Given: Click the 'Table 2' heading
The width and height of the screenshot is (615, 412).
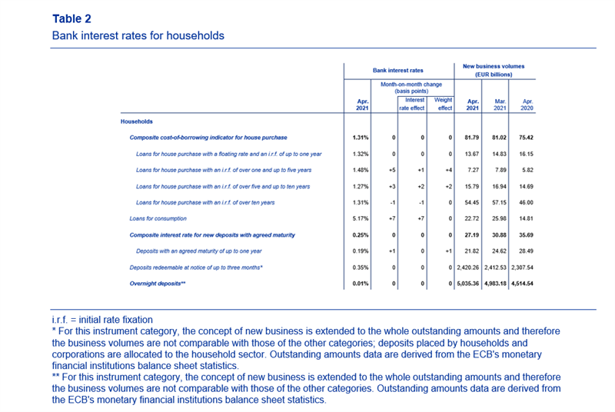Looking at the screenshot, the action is pos(71,18).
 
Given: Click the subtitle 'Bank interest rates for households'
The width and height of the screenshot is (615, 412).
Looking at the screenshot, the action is pos(138,35).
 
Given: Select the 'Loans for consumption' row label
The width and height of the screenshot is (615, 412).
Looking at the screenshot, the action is pos(158,218).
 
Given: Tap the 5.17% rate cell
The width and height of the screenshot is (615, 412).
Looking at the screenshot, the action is pos(361,218).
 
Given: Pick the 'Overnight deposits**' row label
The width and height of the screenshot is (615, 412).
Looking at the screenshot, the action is pos(158,284).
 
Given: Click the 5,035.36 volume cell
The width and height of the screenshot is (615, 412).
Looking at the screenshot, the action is pos(468,284).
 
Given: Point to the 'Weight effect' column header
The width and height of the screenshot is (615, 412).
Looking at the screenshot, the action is pos(444,104).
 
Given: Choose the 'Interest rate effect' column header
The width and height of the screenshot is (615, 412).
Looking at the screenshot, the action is pos(412,104).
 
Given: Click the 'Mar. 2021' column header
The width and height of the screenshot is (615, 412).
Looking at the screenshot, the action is pos(500,105).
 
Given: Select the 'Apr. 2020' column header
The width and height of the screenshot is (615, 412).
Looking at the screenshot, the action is pos(527,105).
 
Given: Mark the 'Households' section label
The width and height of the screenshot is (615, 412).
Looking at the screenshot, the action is pos(137,121).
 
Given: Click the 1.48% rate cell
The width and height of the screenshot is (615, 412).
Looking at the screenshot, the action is pos(361,170).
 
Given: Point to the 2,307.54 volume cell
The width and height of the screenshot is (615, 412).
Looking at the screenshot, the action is pos(522,267).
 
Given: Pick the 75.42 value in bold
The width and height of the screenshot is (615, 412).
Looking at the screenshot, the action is pos(526,138).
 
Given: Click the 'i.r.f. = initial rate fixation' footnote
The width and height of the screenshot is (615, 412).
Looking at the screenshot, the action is pos(102,320).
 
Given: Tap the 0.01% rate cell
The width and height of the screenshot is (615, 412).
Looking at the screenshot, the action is pos(361,284).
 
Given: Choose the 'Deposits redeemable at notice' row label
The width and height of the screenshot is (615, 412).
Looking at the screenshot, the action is pos(196,267).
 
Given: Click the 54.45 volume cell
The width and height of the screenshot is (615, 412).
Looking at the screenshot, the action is pos(472,203).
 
